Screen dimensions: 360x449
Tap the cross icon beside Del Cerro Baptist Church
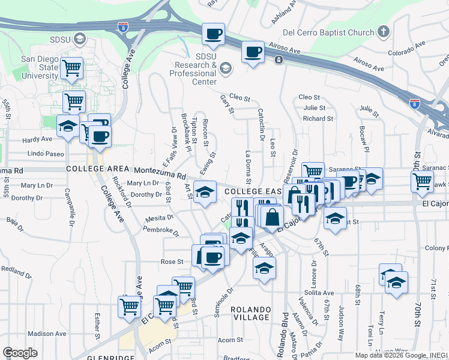[x=384, y=32]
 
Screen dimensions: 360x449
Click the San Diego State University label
[x=40, y=67]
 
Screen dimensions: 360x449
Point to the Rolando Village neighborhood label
[x=250, y=313]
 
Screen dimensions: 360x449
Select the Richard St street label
[x=318, y=119]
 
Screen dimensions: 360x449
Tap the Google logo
[x=20, y=353]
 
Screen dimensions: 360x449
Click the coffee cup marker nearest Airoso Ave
[x=253, y=52]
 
